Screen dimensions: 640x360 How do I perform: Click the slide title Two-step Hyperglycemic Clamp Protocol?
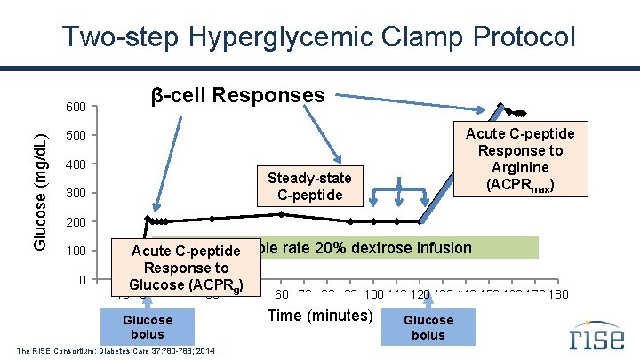tap(319, 36)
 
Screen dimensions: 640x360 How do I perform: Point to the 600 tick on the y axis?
tap(76, 108)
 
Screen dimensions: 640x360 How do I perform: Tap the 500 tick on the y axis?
tap(76, 135)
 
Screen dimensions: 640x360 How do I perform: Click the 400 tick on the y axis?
tap(76, 164)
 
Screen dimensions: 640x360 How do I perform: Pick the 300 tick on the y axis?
tap(76, 193)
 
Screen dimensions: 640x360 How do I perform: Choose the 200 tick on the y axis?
tap(76, 221)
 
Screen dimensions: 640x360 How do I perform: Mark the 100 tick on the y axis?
tap(76, 251)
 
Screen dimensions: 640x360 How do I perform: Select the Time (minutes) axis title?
tap(320, 316)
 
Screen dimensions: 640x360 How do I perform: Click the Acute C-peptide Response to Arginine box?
tap(520, 159)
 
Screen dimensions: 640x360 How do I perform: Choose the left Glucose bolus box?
tap(148, 327)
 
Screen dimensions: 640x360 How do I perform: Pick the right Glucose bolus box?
tap(428, 327)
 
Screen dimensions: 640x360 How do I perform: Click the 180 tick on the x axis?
tap(558, 295)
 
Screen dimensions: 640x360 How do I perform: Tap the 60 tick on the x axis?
tap(282, 295)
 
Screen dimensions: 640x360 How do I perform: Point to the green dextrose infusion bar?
tap(400, 247)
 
